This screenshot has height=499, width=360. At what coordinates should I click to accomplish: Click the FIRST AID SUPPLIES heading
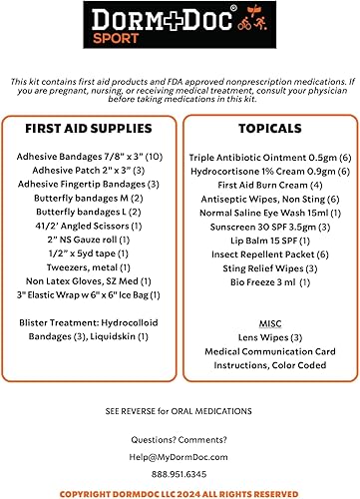(x=90, y=130)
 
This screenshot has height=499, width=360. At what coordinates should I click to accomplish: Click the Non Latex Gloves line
(x=89, y=282)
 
